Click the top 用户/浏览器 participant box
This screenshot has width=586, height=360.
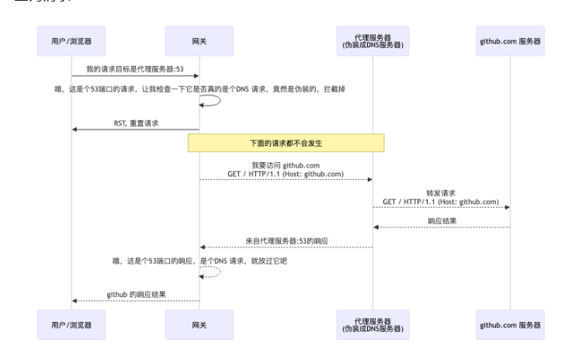coord(71,41)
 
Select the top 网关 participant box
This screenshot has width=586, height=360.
coord(199,41)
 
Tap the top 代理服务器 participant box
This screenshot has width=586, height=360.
coord(372,41)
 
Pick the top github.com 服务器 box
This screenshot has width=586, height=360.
coord(511,41)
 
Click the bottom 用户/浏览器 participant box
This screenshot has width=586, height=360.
coord(71,324)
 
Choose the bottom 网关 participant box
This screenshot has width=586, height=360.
coord(199,324)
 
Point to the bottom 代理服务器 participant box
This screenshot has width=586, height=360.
coord(372,324)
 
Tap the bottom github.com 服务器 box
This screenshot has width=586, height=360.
coord(511,324)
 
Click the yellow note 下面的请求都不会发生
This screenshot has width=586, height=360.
coord(286,143)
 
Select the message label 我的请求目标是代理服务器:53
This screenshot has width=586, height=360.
coord(135,68)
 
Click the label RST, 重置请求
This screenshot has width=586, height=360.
coord(135,122)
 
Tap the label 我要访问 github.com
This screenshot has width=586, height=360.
coord(286,165)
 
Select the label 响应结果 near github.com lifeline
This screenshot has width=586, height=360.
coord(441,220)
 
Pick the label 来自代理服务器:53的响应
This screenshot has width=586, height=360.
coord(286,241)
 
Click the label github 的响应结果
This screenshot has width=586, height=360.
coord(135,294)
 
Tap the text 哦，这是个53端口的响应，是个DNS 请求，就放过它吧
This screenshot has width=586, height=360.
coord(199,261)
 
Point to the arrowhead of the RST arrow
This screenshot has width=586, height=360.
coord(75,130)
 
